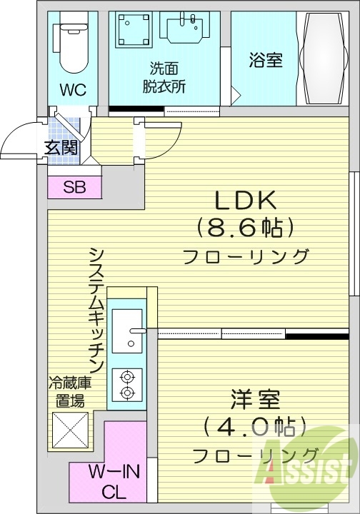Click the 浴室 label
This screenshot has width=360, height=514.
[265, 61]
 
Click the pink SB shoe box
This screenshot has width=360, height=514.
[74, 188]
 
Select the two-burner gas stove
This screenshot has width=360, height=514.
[127, 385]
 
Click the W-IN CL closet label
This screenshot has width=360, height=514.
[114, 482]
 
